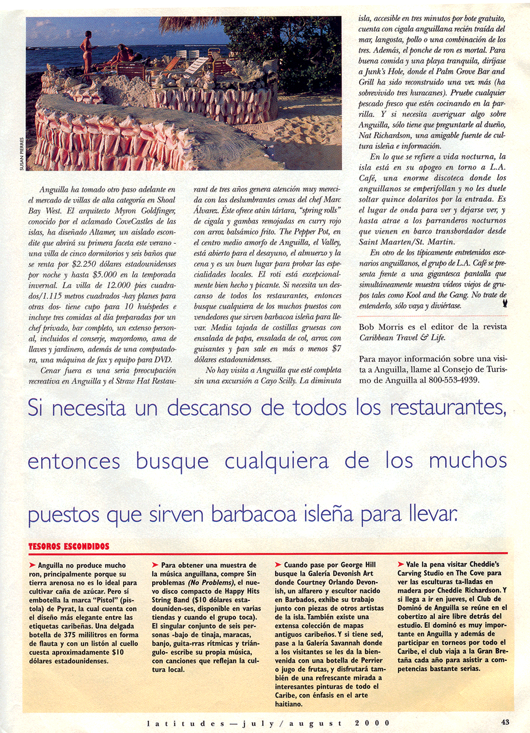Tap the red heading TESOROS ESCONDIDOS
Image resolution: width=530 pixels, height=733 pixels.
point(69,546)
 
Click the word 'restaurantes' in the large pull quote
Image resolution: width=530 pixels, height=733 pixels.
point(447,408)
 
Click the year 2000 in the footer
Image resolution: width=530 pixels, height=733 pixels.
point(372,723)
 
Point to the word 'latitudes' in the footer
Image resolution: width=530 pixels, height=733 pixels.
point(186,723)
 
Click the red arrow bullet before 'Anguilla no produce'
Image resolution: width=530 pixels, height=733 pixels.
point(32,565)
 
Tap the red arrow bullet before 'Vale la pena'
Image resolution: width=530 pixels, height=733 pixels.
point(401,564)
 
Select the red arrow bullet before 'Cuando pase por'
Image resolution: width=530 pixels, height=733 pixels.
point(278,565)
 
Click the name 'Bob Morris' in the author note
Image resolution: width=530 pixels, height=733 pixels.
point(380,327)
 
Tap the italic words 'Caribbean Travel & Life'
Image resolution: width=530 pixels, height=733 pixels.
point(402,337)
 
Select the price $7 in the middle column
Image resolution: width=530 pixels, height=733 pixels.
point(337,349)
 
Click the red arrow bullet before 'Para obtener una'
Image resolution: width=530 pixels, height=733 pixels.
point(155,565)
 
